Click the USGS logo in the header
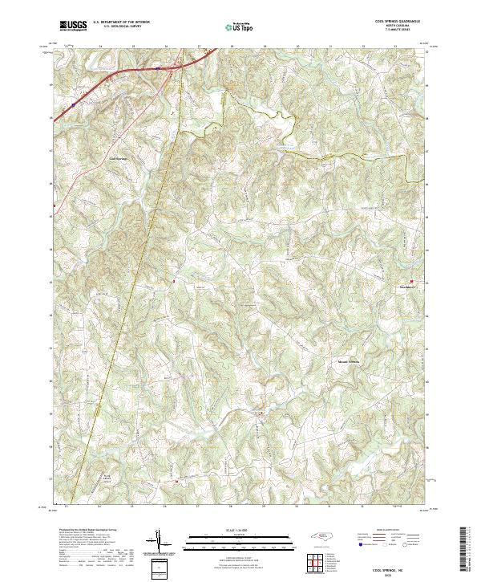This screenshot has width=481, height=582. pyautogui.click(x=72, y=26)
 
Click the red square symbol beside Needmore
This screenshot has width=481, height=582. pyautogui.click(x=422, y=281)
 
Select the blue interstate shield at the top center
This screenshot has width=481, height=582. pyautogui.click(x=159, y=69)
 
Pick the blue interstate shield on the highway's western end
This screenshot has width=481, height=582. pyautogui.click(x=72, y=104)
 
